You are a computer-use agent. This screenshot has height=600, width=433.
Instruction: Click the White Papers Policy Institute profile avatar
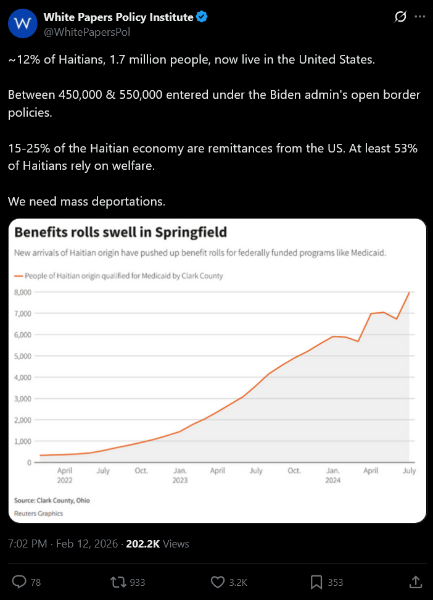point(23,24)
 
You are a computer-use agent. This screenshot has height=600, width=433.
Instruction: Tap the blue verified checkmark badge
point(202,17)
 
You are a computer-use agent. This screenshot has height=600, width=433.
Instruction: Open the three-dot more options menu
point(420,17)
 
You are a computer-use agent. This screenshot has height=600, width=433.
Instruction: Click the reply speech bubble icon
point(20,581)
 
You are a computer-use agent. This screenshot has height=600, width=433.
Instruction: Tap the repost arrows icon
point(117,581)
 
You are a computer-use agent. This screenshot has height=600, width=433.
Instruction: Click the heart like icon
point(217,581)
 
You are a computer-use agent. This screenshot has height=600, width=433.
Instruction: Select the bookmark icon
point(316,581)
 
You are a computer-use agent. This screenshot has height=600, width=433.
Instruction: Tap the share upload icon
point(416,581)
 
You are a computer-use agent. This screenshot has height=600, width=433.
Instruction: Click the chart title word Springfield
point(191,233)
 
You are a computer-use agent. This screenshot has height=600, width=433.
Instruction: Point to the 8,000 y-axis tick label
point(22,292)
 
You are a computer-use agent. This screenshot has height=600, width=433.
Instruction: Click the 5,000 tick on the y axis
point(22,356)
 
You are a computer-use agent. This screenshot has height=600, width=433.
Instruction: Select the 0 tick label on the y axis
point(28,462)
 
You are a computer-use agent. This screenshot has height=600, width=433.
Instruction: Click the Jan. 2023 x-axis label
point(180,475)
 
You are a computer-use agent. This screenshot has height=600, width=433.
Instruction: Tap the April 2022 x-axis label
point(65,475)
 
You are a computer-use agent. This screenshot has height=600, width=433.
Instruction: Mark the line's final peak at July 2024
point(410,292)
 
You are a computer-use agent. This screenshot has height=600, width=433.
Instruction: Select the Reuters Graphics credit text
point(38,513)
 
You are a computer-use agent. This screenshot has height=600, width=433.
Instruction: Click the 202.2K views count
point(142,544)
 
